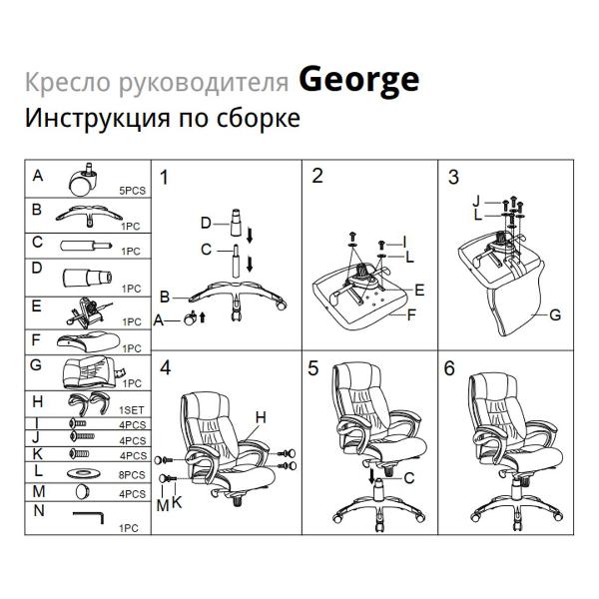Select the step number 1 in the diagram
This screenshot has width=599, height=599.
coord(165,178)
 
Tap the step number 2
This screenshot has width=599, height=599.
coord(317,177)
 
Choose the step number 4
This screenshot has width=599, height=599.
coord(165,367)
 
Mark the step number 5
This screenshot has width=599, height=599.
coord(313,368)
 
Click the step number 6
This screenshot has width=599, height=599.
coord(449,368)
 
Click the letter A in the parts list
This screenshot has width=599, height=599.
coord(37,176)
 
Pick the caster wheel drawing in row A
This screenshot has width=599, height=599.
coord(80,180)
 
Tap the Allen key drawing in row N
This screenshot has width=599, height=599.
coord(91,515)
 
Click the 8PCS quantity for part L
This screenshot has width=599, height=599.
coord(132,476)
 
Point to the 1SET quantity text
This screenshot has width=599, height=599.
coord(132,410)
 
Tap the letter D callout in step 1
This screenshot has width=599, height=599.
coord(205,222)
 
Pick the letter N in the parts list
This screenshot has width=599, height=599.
coord(37,510)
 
